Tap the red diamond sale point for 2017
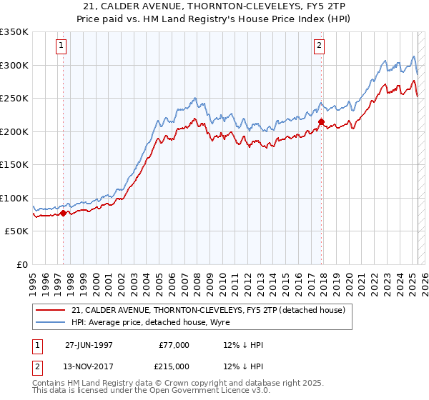[x=321, y=122]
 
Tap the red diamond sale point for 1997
[x=64, y=213]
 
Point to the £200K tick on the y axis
[x=15, y=131]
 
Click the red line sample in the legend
[x=51, y=310]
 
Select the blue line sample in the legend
[x=51, y=323]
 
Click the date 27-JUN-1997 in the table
[x=89, y=345]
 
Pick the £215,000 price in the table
[x=174, y=366]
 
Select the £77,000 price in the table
[x=174, y=345]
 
